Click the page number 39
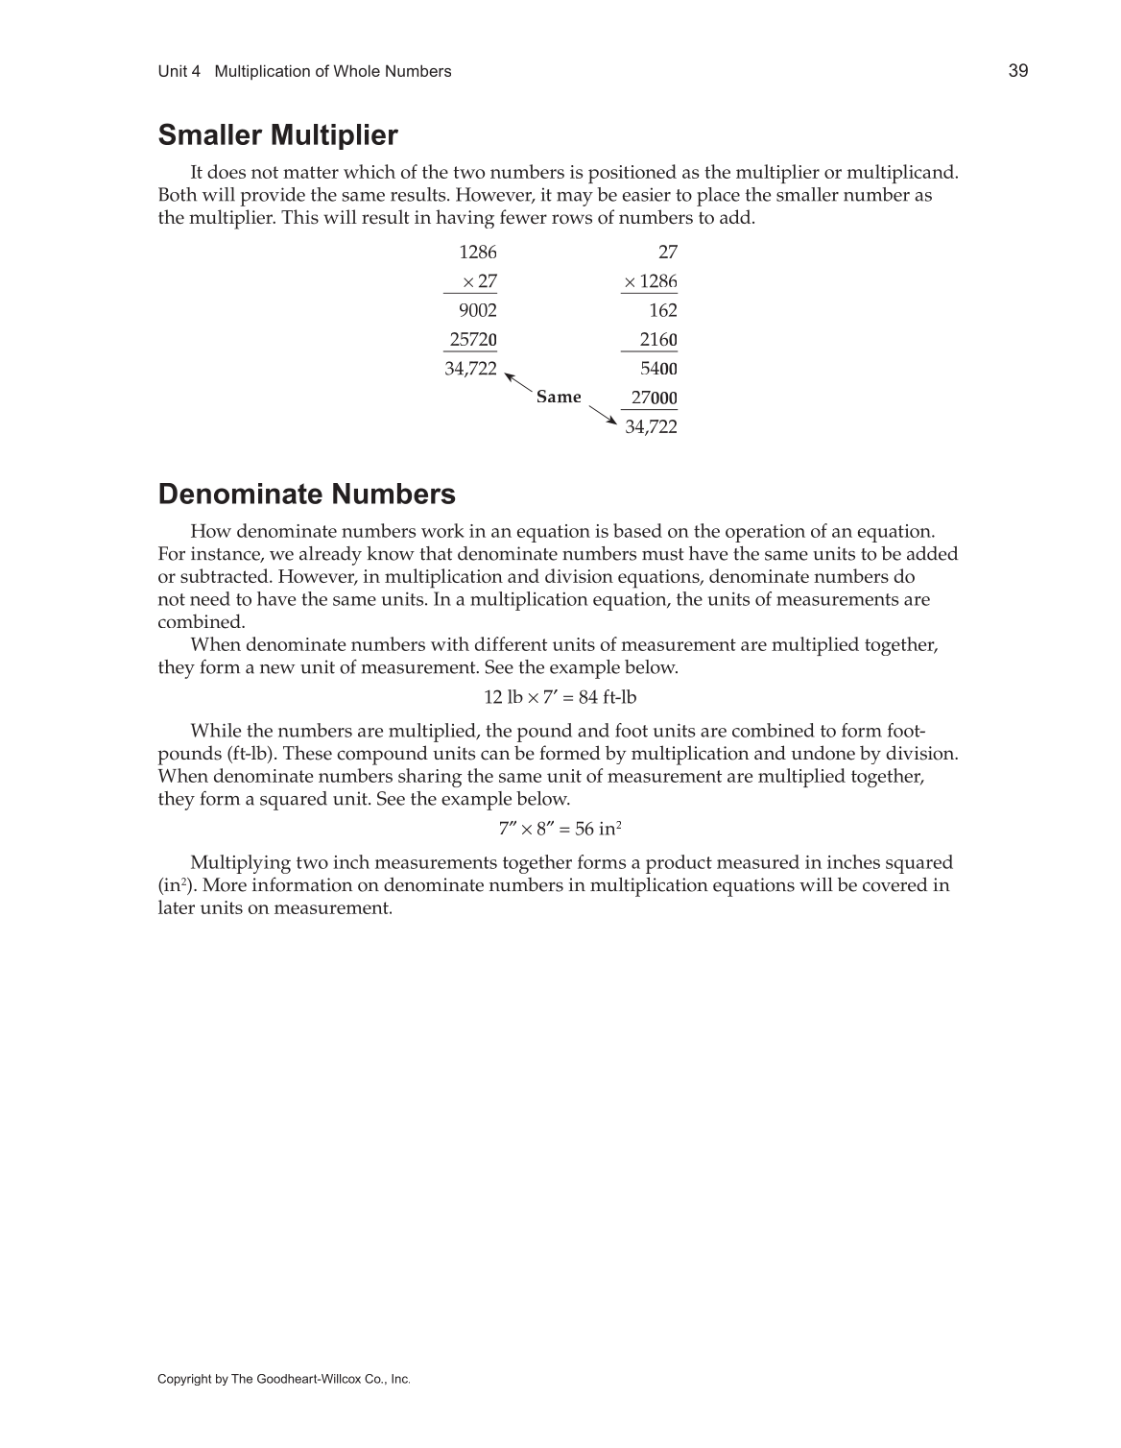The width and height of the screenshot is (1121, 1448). [1018, 70]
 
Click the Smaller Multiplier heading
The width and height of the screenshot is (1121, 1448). [277, 135]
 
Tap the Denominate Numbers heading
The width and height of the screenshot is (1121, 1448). [306, 495]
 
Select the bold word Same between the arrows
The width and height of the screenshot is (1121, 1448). [559, 397]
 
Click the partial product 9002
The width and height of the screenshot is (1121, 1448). [477, 310]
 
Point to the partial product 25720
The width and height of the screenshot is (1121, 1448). [473, 340]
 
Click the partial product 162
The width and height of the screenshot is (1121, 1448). [662, 310]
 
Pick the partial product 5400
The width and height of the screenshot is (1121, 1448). [658, 369]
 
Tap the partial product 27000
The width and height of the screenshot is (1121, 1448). [654, 398]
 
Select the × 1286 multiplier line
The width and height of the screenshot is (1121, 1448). [651, 281]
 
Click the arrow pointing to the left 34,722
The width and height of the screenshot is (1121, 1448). [518, 380]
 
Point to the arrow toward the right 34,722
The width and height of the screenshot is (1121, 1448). [602, 415]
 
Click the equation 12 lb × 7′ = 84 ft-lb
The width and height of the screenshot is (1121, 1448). [560, 697]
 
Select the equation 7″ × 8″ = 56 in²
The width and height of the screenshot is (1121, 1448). [560, 829]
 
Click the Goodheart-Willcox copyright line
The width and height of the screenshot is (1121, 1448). [283, 1379]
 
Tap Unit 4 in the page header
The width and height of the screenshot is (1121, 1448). [179, 71]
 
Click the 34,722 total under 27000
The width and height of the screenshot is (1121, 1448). [651, 427]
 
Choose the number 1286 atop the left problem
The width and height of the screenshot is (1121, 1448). [478, 253]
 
